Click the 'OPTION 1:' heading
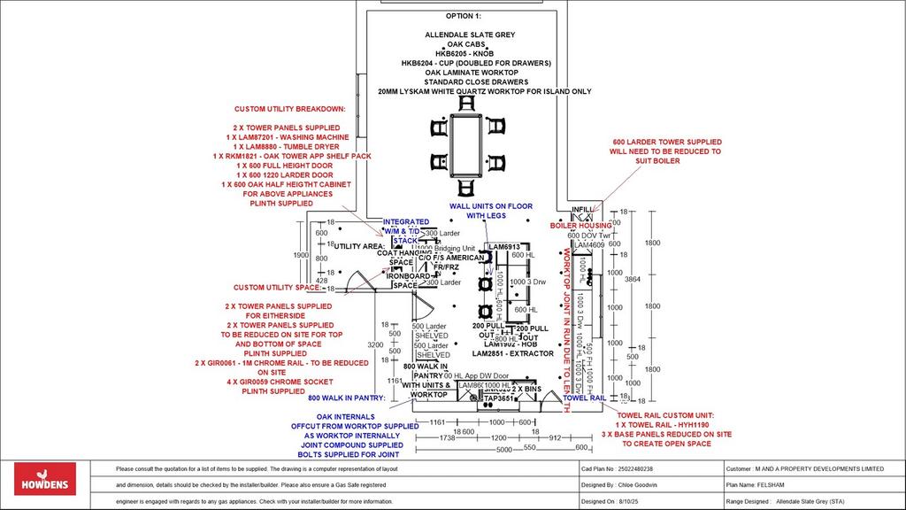465,17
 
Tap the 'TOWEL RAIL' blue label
584,398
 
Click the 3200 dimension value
375,344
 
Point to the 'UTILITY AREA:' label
358,246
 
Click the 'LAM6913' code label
504,247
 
